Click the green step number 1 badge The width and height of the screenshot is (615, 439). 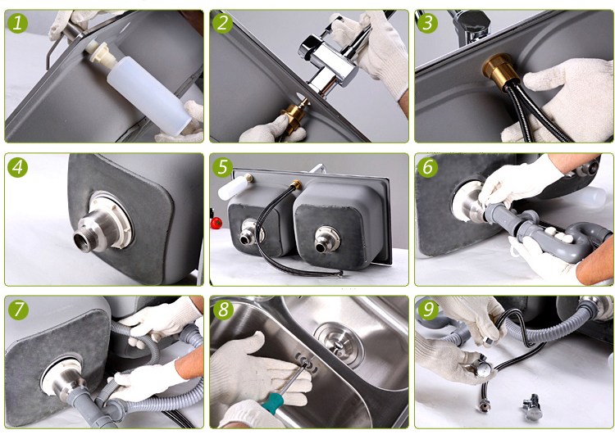[x=18, y=23]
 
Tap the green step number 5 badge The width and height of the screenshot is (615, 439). [x=222, y=167]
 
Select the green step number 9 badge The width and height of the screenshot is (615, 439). [x=428, y=310]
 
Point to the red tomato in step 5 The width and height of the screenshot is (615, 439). [x=216, y=223]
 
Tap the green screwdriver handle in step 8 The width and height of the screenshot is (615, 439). [x=272, y=403]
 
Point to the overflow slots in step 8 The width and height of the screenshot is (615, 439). [x=307, y=361]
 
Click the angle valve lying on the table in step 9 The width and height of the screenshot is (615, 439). [x=533, y=406]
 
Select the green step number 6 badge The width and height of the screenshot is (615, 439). [x=428, y=167]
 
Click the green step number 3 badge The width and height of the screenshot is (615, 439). [x=428, y=23]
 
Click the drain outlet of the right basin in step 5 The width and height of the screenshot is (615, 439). [x=326, y=240]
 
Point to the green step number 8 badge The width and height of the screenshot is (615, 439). [x=222, y=310]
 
